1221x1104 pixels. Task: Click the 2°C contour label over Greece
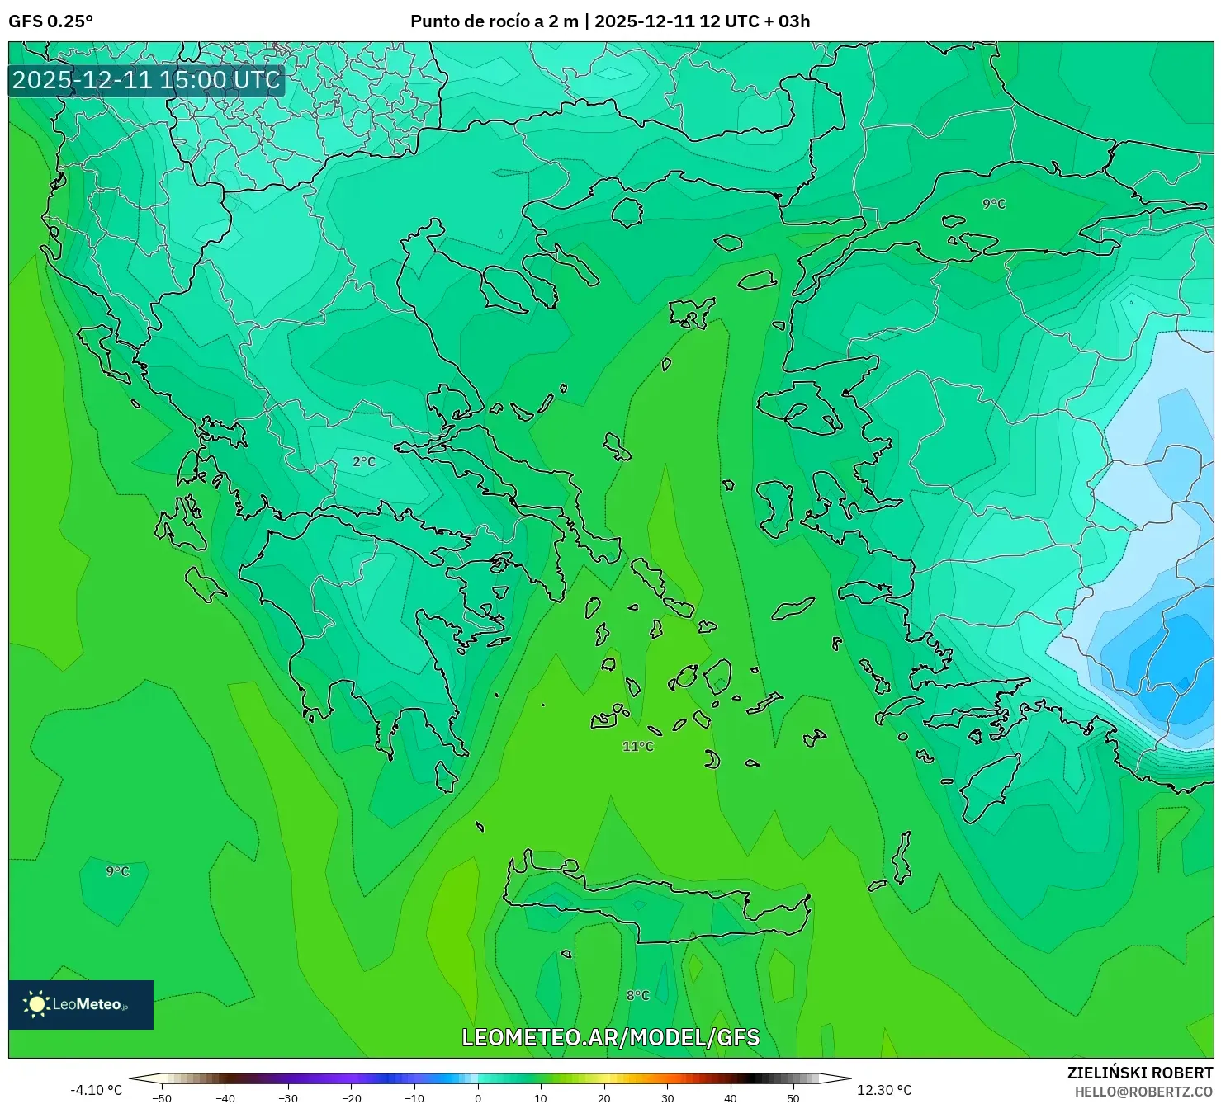tap(364, 462)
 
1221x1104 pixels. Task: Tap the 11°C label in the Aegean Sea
tap(638, 747)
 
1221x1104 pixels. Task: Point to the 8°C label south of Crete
tap(638, 996)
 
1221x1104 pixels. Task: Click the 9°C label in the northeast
tap(994, 204)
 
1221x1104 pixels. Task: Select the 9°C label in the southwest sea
tap(117, 871)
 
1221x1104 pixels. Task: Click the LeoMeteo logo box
tap(81, 1004)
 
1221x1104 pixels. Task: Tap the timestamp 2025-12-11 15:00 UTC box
tap(146, 80)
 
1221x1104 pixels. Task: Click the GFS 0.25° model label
tap(50, 21)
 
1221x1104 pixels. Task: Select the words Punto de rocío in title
tap(466, 21)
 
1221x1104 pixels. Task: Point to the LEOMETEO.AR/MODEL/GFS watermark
tap(610, 1037)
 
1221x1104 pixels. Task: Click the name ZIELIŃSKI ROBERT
tap(1140, 1073)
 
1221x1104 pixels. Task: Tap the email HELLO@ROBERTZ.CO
tap(1143, 1092)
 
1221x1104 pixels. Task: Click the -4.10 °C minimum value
tap(97, 1090)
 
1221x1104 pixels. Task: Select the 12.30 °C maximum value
tap(884, 1090)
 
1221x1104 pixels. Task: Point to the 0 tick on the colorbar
tap(478, 1097)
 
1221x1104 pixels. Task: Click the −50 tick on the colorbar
tap(162, 1097)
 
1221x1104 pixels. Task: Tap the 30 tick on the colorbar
tap(667, 1097)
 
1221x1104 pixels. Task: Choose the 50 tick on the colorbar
tap(793, 1097)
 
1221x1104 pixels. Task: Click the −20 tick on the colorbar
tap(351, 1097)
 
